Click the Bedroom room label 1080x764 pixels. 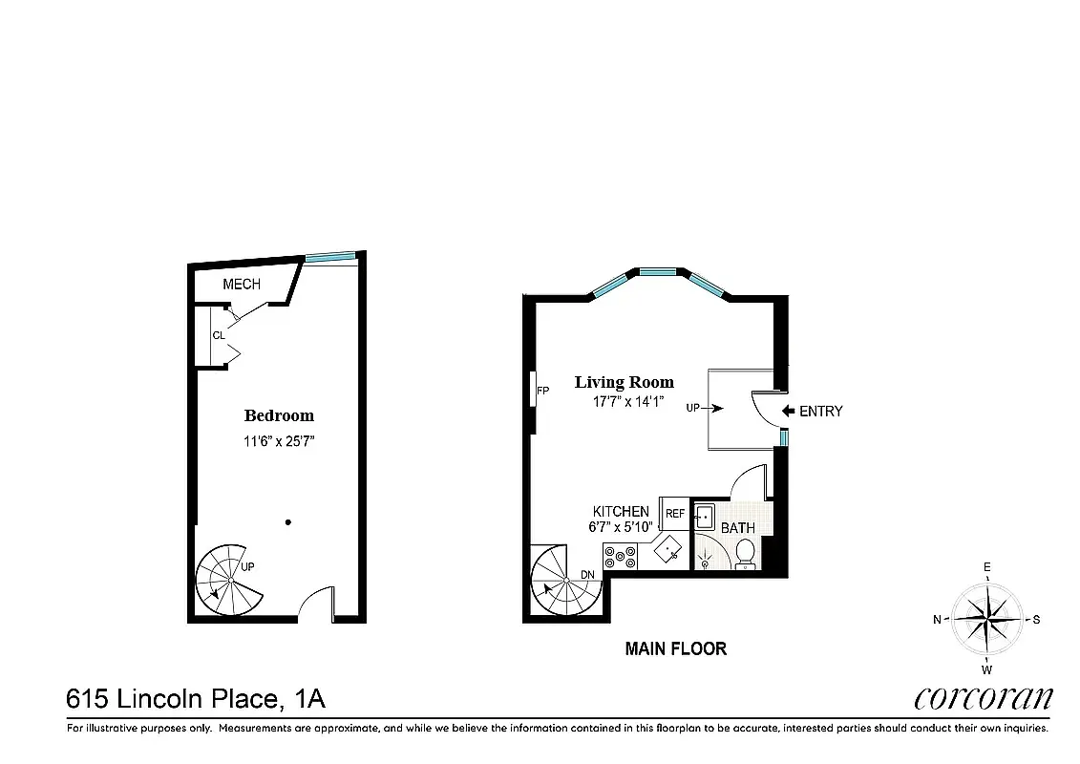(279, 415)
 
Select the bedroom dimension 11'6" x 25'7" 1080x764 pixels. (279, 441)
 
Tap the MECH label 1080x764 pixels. (242, 285)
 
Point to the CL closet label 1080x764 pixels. (219, 335)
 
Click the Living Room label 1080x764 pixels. (624, 382)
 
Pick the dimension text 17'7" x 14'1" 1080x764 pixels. (625, 403)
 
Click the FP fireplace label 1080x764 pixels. (542, 392)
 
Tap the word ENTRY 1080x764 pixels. (821, 412)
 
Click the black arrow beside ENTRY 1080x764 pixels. (789, 412)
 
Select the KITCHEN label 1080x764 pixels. (621, 512)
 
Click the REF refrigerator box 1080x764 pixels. (675, 514)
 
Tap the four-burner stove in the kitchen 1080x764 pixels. (620, 556)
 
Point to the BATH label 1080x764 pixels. (737, 528)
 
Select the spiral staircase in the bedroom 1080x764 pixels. (230, 581)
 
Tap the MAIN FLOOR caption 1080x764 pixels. (675, 649)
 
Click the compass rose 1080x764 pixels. (987, 619)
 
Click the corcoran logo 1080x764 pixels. (983, 698)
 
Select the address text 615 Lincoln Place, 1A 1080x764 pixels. (196, 699)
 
